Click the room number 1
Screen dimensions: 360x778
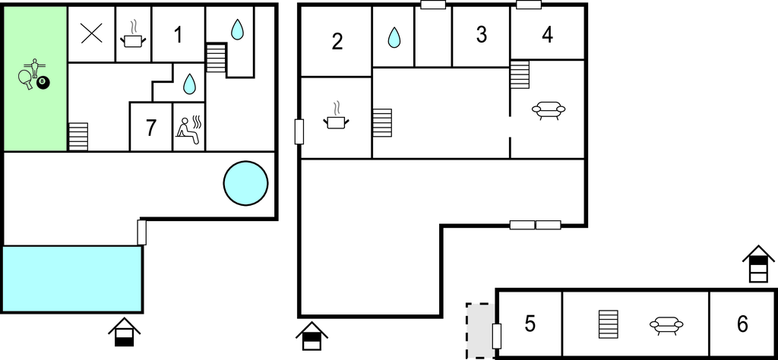[178, 34]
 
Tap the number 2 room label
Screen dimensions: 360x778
[337, 42]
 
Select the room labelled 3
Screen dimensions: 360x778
[481, 35]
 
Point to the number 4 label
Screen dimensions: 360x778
[548, 35]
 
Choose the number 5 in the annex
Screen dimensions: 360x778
[530, 324]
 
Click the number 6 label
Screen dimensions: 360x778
[742, 324]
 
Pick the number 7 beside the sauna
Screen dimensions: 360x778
[150, 128]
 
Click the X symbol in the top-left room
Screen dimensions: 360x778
[91, 33]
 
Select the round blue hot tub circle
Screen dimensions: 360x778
[245, 183]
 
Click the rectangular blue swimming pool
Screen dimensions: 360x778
[72, 279]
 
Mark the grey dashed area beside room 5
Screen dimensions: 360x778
[479, 330]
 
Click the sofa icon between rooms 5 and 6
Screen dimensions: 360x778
[666, 325]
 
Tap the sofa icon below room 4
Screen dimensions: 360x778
[549, 111]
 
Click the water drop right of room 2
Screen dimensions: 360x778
[394, 36]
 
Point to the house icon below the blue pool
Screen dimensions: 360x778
[124, 332]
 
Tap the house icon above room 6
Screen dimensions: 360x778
[758, 264]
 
